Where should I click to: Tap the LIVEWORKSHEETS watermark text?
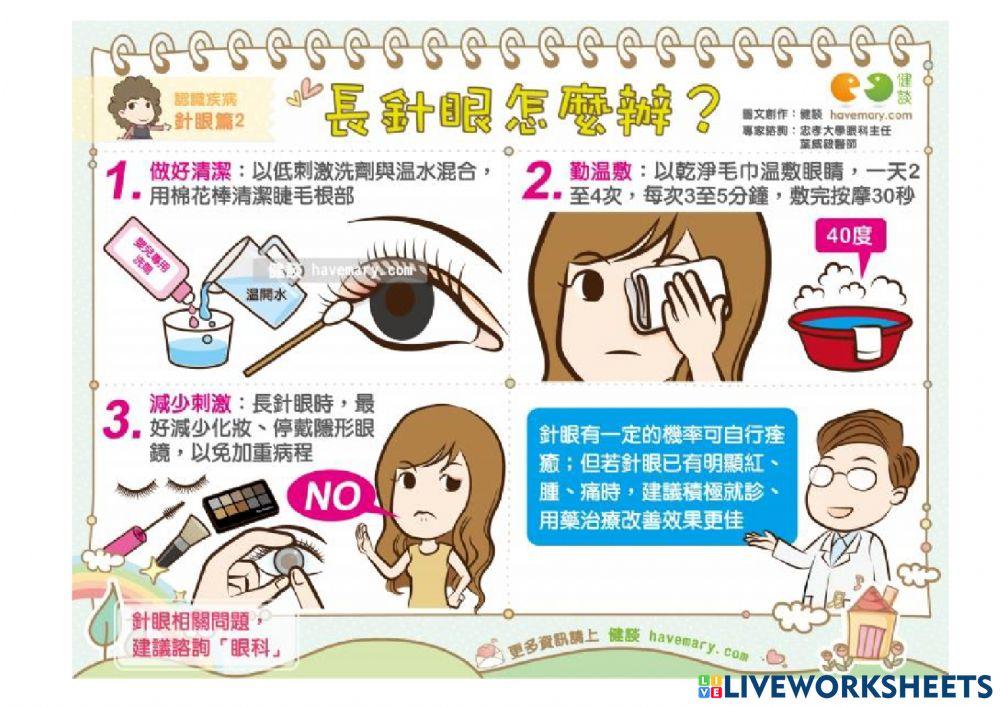855,686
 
